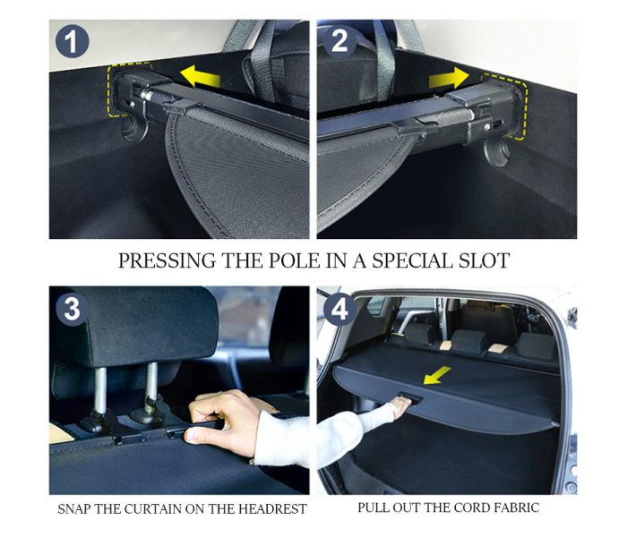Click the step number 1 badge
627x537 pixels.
coord(72,41)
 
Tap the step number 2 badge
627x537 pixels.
coord(339,40)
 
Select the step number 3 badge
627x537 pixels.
coord(73,309)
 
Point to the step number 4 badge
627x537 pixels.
coord(339,310)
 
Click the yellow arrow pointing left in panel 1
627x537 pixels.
coord(200,77)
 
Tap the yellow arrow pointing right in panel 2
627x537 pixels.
coord(449,79)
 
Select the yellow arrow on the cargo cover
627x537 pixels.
coord(437,376)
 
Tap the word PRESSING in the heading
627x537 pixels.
coord(167,260)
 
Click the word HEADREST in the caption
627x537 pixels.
coord(272,509)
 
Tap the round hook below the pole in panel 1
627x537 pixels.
coord(134,128)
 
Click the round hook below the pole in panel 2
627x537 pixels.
coord(496,153)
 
